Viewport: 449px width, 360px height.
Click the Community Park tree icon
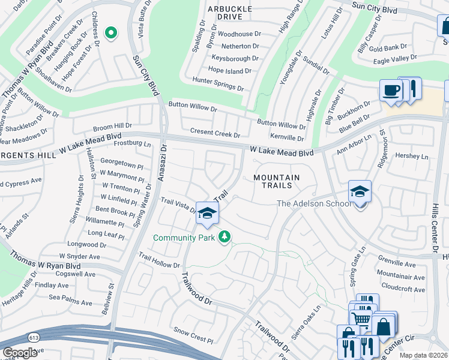pyautogui.click(x=224, y=238)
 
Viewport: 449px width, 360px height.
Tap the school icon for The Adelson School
pyautogui.click(x=360, y=191)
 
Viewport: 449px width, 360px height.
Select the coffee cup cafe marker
pyautogui.click(x=391, y=91)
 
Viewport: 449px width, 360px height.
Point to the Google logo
pyautogui.click(x=20, y=353)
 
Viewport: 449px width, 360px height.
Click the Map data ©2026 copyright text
pyautogui.click(x=424, y=355)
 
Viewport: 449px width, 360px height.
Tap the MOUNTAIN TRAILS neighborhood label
pyautogui.click(x=276, y=181)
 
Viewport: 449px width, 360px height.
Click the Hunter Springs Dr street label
pyautogui.click(x=218, y=83)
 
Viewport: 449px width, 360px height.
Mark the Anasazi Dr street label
pyautogui.click(x=162, y=163)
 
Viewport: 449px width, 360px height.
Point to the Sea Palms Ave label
pyautogui.click(x=73, y=297)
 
